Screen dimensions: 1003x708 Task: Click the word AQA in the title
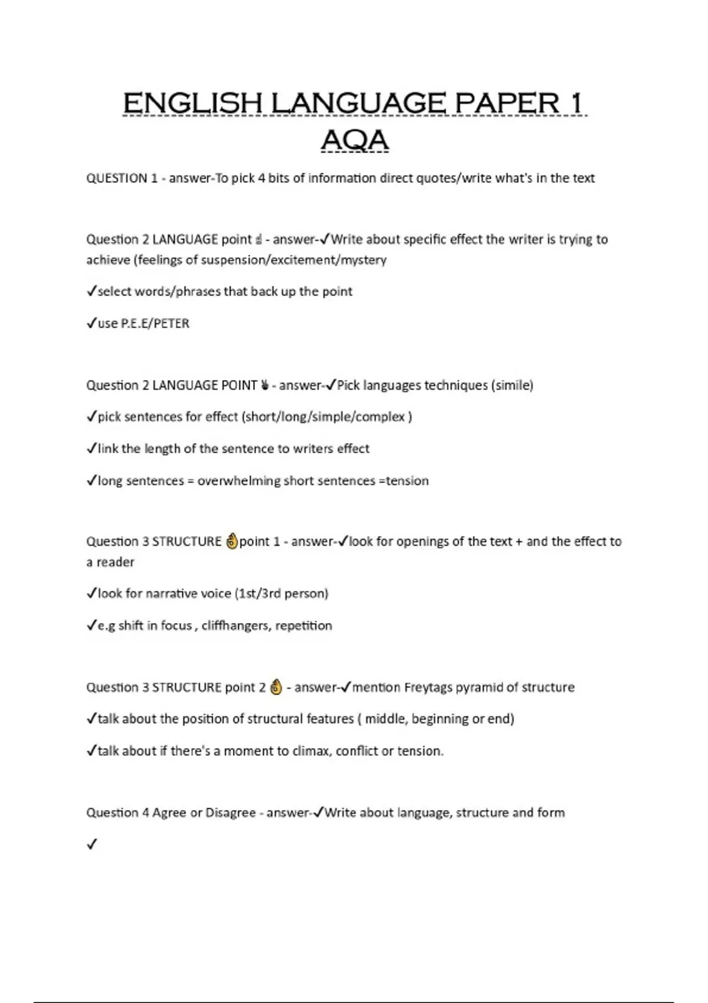[355, 140]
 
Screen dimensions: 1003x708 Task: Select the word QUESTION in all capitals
[117, 178]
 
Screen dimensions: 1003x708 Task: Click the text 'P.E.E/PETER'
[155, 323]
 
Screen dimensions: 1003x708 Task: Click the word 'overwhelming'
[238, 481]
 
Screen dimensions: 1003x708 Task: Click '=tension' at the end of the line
[404, 481]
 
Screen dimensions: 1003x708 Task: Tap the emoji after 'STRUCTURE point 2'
[275, 687]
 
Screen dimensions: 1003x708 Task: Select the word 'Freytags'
[428, 687]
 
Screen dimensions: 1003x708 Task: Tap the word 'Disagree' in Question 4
[231, 813]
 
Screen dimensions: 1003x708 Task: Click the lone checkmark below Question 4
[91, 844]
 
